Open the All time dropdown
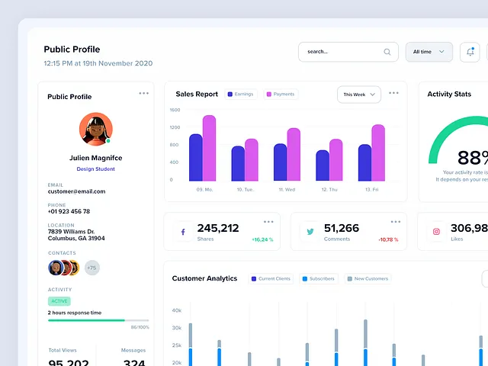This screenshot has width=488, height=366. [x=429, y=52]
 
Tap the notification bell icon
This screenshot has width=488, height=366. [x=470, y=52]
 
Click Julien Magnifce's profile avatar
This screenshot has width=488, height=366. [x=96, y=129]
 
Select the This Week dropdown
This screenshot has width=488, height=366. [x=358, y=95]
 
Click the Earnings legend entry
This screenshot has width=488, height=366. [x=240, y=95]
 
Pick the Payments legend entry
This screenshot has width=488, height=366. [x=280, y=95]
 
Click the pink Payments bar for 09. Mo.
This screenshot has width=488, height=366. [x=209, y=148]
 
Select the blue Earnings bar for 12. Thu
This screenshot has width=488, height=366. [x=323, y=165]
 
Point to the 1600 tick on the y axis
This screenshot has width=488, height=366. [x=175, y=110]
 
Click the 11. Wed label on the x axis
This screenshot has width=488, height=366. [x=287, y=189]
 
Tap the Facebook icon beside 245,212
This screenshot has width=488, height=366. [x=183, y=232]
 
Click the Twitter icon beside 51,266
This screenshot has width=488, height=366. [x=310, y=232]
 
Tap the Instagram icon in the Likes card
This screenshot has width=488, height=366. [x=437, y=232]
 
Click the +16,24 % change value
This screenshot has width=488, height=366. [x=262, y=239]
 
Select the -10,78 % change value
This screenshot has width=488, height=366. [x=389, y=239]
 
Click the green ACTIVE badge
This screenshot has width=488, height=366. [x=59, y=301]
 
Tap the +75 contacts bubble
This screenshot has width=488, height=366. [x=91, y=268]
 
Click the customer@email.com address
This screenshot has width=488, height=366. [x=76, y=191]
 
